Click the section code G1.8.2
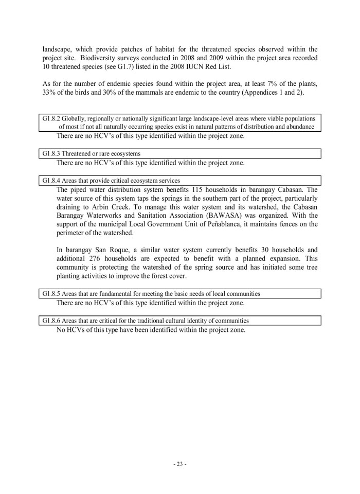pos(51,118)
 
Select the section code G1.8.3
pos(51,153)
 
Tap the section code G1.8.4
pos(51,181)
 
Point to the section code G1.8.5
pos(51,294)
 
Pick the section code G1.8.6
pos(51,321)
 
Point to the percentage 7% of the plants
pos(275,84)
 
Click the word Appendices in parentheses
pos(274,93)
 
